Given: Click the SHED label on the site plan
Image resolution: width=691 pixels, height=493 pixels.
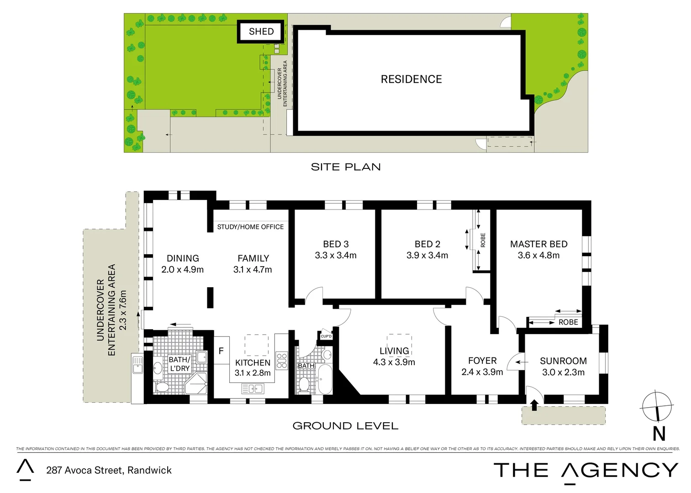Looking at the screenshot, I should click(261, 31).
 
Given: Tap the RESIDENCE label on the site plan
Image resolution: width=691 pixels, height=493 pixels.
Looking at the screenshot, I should click(411, 79).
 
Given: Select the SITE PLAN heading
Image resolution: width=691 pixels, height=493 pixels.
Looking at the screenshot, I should click(346, 167).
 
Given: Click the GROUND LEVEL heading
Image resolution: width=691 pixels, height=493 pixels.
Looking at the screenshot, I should click(345, 426).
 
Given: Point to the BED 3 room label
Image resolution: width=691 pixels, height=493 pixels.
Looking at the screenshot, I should click(336, 244).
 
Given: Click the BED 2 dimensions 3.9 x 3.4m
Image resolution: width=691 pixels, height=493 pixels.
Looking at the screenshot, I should click(427, 256).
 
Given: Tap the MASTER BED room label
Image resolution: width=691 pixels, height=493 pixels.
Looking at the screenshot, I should click(538, 244).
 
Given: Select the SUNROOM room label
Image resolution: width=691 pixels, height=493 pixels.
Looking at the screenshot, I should click(563, 361).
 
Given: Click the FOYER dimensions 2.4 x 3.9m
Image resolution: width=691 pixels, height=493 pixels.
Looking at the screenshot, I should click(482, 372).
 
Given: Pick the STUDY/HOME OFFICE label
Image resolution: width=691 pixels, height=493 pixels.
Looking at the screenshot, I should click(250, 227).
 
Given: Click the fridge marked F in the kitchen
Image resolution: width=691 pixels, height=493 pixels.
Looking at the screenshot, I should click(222, 351).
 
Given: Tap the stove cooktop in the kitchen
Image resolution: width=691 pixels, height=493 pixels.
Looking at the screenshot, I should click(282, 360).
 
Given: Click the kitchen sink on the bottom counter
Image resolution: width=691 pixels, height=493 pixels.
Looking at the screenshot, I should click(253, 389).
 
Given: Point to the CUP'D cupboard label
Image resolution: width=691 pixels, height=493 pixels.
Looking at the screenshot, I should click(326, 336).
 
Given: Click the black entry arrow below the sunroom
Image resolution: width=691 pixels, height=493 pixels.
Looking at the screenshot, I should click(534, 405).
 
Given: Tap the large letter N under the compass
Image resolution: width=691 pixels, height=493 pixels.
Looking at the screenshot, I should click(659, 434).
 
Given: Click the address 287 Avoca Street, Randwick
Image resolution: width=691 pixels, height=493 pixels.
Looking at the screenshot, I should click(109, 470).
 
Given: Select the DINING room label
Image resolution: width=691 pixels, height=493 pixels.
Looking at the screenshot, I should click(183, 258).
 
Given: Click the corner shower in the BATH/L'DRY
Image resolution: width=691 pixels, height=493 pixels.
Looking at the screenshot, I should click(197, 383).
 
